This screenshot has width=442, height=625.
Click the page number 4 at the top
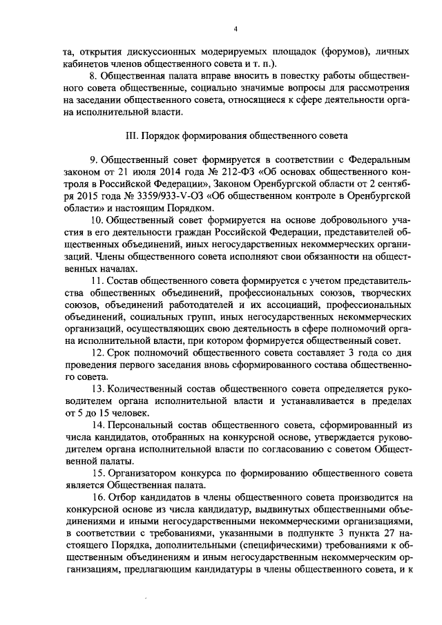click(235, 28)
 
